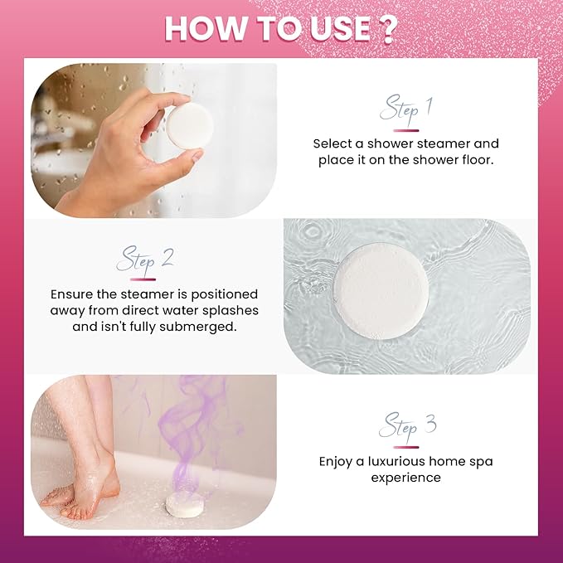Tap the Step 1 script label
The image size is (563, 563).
pyautogui.click(x=405, y=109)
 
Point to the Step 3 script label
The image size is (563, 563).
pyautogui.click(x=406, y=427)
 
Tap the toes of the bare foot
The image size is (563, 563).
pyautogui.click(x=55, y=498)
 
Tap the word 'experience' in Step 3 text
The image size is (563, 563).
pyautogui.click(x=405, y=478)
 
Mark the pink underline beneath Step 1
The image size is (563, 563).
pyautogui.click(x=405, y=129)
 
